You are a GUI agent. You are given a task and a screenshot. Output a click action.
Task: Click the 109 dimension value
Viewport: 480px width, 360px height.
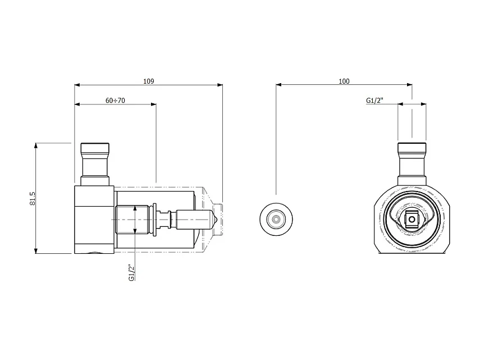pyautogui.click(x=148, y=81)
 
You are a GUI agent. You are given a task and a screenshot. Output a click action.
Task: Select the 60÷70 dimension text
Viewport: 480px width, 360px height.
pyautogui.click(x=115, y=101)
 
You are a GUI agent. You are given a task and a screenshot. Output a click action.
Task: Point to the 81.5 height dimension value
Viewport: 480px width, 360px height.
pyautogui.click(x=32, y=198)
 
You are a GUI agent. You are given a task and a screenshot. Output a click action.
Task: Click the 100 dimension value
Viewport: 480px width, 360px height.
pyautogui.click(x=344, y=81)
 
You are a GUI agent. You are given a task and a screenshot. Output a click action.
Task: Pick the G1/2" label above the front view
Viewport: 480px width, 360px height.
pyautogui.click(x=374, y=101)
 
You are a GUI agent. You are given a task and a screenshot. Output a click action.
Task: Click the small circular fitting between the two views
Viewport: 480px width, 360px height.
pyautogui.click(x=276, y=217)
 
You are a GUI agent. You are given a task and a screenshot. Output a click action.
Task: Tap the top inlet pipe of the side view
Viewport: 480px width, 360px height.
pyautogui.click(x=95, y=163)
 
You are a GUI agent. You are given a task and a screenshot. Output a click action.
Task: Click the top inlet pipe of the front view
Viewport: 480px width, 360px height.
pyautogui.click(x=412, y=163)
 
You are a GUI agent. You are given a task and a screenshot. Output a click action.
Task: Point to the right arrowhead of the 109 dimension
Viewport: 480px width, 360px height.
pyautogui.click(x=220, y=85)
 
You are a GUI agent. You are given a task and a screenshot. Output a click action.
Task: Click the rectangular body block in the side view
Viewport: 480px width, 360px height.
pyautogui.click(x=94, y=219)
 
